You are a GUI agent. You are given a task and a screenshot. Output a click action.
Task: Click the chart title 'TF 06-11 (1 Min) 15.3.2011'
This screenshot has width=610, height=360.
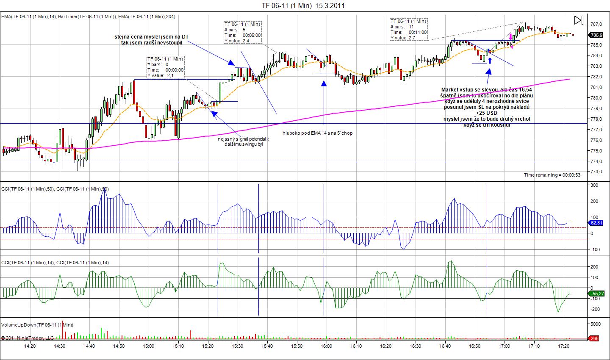tap(302, 6)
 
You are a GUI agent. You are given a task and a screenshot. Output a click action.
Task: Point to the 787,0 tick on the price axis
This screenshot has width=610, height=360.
tap(596, 24)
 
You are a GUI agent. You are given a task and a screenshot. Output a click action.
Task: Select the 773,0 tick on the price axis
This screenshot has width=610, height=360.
tap(596, 172)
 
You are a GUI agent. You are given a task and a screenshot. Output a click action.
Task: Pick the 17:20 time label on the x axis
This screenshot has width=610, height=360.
tap(563, 346)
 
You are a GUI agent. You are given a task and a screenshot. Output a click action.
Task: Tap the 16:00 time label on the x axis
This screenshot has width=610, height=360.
tap(326, 346)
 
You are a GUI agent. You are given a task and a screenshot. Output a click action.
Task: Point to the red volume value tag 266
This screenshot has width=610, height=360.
tap(594, 338)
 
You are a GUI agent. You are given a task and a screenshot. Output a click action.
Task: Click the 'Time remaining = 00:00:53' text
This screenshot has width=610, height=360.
tap(552, 175)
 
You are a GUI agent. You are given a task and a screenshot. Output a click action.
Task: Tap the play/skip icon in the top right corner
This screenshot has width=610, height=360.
tap(579, 20)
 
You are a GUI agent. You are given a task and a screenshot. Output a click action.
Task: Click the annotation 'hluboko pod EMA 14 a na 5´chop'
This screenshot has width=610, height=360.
tap(317, 133)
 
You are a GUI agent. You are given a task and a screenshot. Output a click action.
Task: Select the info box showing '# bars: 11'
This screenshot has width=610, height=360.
tap(408, 29)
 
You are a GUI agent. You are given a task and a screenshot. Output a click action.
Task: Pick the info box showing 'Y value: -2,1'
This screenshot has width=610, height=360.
tap(166, 67)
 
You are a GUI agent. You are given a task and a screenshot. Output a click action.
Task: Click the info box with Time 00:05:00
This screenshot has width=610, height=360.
tap(242, 33)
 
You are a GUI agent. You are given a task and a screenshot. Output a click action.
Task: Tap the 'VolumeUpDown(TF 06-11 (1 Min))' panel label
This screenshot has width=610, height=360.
tap(37, 325)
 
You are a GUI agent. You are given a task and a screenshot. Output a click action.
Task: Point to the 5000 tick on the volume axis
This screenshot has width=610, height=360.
tap(596, 324)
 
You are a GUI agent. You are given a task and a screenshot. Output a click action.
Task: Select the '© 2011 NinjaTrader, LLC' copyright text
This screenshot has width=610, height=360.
tap(28, 338)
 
